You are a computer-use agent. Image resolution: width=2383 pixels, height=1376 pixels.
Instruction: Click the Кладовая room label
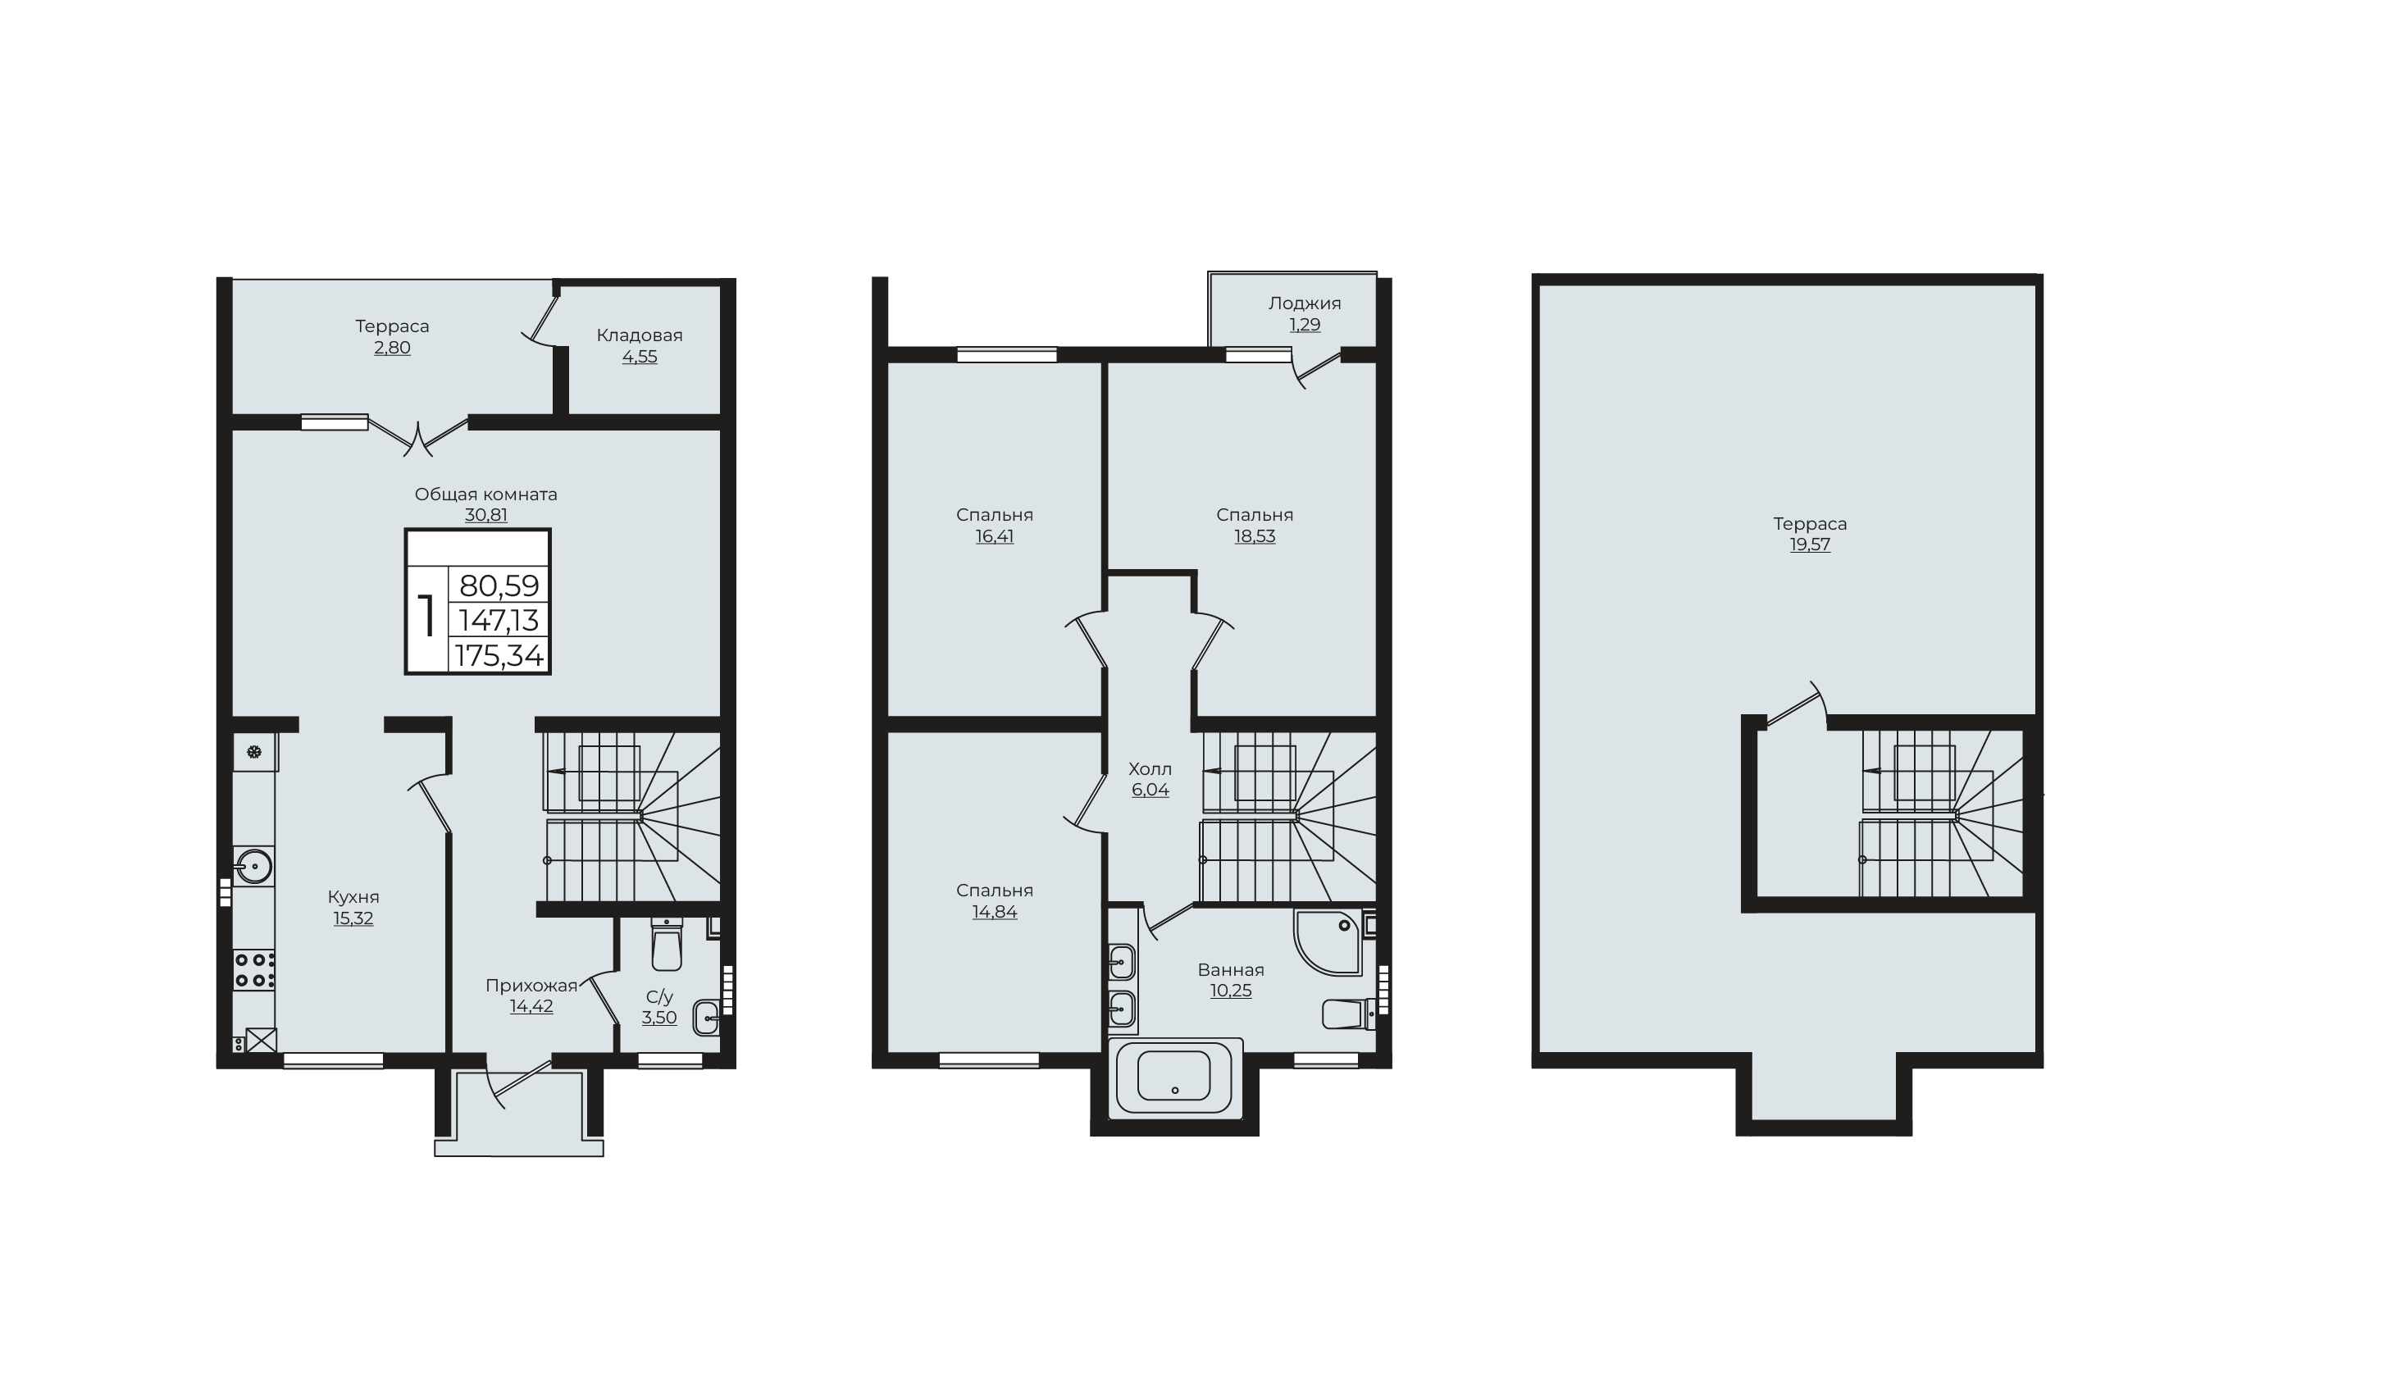tap(639, 335)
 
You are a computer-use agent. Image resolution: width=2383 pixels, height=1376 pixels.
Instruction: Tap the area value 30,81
tap(485, 515)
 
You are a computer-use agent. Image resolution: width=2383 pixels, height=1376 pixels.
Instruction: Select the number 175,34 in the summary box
tap(499, 655)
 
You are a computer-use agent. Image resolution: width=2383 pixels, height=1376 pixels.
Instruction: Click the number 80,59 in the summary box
tap(499, 586)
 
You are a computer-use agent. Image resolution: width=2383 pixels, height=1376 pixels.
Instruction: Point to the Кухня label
tap(353, 897)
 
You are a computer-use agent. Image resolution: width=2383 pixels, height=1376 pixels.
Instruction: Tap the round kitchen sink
tap(253, 866)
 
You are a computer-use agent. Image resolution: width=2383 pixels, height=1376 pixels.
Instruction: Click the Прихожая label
tap(531, 986)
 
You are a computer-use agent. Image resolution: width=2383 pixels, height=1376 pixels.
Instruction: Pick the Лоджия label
tap(1304, 303)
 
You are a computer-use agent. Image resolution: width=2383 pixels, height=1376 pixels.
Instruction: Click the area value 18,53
tap(1254, 535)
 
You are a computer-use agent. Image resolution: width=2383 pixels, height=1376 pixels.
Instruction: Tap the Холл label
tap(1150, 769)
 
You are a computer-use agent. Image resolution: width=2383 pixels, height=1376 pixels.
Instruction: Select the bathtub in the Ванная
tap(1174, 1078)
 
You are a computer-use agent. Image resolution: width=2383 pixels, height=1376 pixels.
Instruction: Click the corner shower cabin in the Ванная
tap(1328, 942)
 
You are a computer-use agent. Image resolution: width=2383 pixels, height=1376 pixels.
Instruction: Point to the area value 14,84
tap(994, 912)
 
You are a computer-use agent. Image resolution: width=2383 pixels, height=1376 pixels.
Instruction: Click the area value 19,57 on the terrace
tap(1810, 544)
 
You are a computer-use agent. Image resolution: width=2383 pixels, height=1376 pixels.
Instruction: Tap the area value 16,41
tap(994, 535)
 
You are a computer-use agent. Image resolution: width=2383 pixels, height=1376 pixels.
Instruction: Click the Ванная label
tap(1230, 969)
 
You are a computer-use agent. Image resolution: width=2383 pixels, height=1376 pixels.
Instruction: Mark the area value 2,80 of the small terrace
tap(392, 348)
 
